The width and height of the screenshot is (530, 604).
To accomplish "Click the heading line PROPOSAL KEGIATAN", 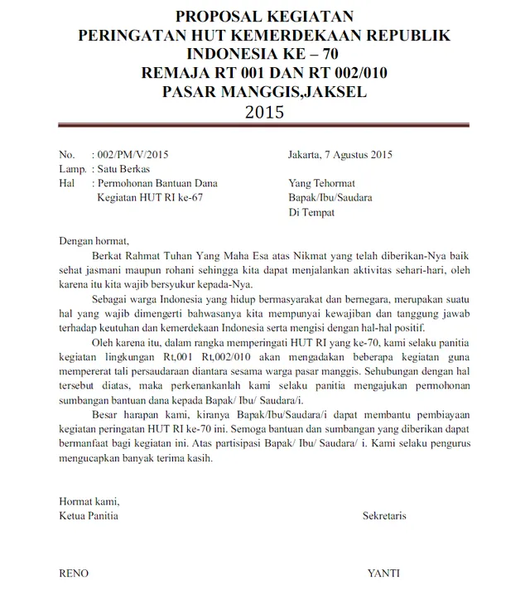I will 264,16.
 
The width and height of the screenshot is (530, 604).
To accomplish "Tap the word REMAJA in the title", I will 176,73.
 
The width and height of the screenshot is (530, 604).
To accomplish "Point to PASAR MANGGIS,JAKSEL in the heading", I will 264,92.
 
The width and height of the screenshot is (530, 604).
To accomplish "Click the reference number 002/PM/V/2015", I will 133,154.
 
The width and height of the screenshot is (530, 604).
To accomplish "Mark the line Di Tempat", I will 311,213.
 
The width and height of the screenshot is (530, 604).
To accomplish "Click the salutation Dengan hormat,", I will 94,242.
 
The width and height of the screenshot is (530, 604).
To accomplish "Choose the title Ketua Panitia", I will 89,515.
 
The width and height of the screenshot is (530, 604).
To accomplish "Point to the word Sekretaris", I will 384,515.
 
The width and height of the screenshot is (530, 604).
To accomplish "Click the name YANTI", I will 384,573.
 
